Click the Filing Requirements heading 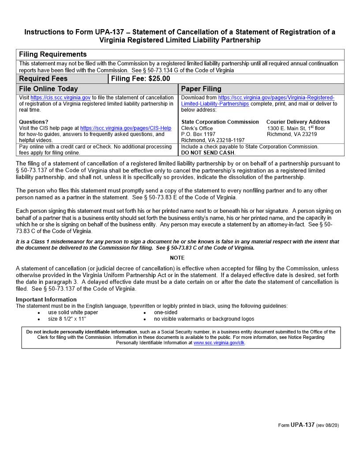point(53,54)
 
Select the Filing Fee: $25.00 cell point(140,79)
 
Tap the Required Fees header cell point(43,79)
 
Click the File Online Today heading point(49,89)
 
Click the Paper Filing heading point(201,89)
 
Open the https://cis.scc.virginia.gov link point(60,98)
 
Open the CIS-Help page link point(126,128)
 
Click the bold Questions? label point(34,122)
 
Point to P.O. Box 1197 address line point(199,134)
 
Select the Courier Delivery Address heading point(298,122)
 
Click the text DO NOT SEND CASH point(208,153)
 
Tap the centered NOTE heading point(177,258)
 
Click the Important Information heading point(46,300)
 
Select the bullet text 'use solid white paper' point(73,312)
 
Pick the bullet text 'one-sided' point(165,312)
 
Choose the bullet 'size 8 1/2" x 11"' point(67,319)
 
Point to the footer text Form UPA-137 point(296,425)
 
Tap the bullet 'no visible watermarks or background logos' point(204,319)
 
